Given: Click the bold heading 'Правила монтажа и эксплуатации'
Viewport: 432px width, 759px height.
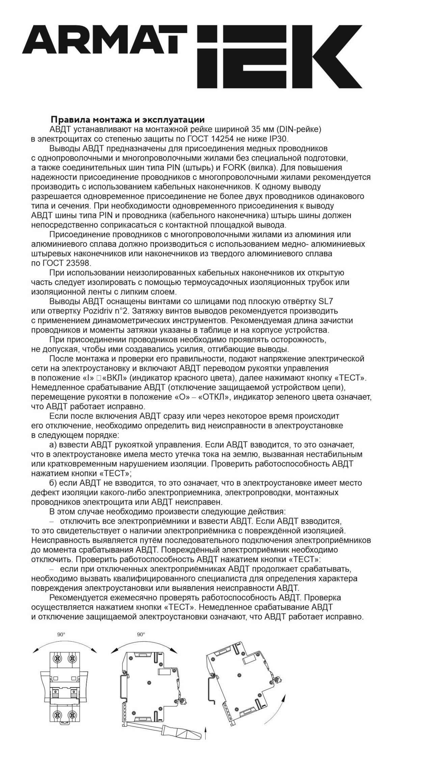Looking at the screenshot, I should (x=128, y=120).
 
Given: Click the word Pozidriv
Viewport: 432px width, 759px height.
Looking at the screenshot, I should (x=98, y=311).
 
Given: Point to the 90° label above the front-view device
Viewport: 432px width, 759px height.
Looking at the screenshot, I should (x=61, y=635).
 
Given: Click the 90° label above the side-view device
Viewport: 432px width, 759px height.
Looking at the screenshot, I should (x=141, y=635).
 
